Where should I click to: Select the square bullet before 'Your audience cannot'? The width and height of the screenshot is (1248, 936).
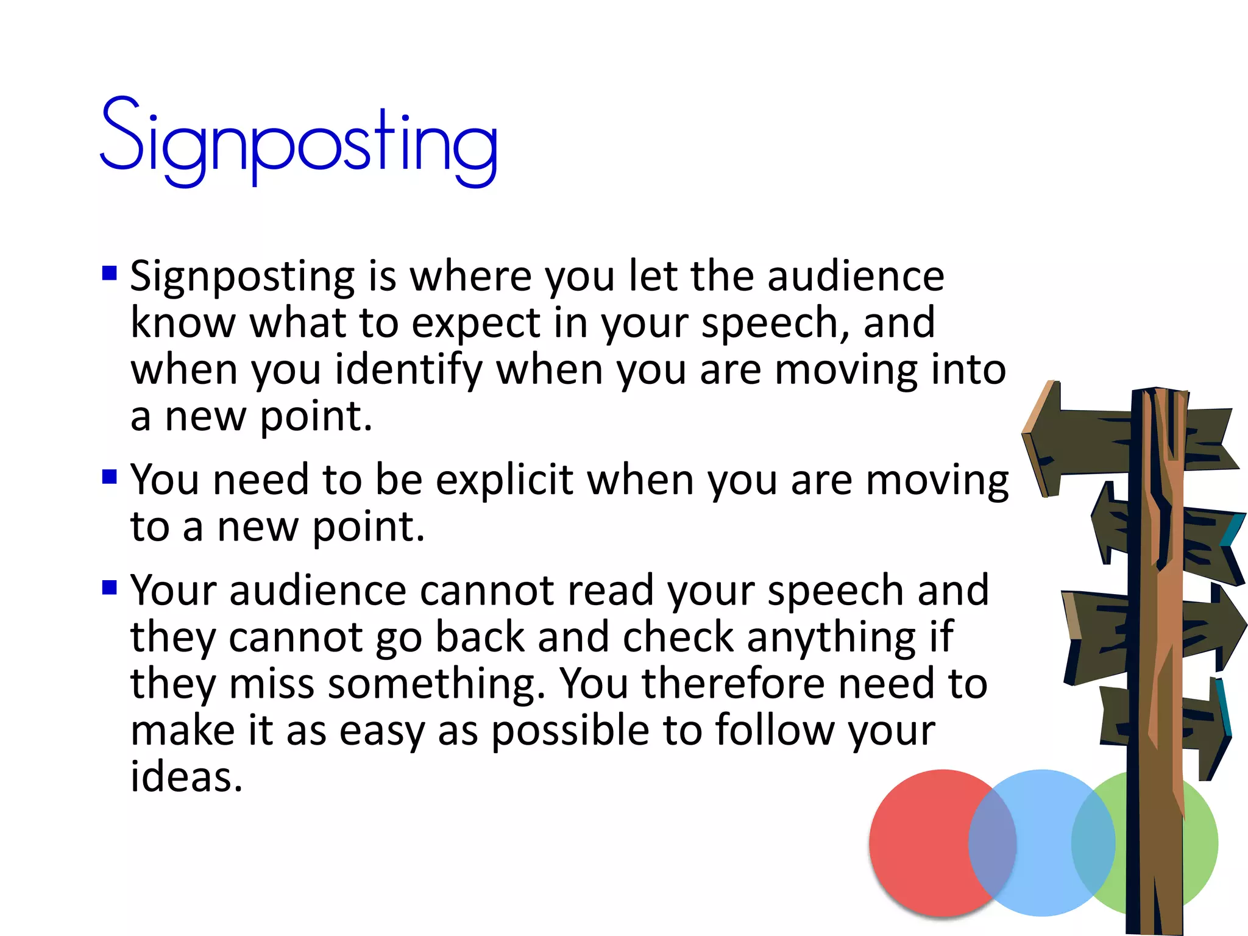pyautogui.click(x=110, y=587)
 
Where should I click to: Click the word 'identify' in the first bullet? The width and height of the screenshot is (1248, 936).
pyautogui.click(x=409, y=370)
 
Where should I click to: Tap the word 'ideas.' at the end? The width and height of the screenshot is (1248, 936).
pyautogui.click(x=186, y=777)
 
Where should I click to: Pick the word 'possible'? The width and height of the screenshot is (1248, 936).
pyautogui.click(x=570, y=731)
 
